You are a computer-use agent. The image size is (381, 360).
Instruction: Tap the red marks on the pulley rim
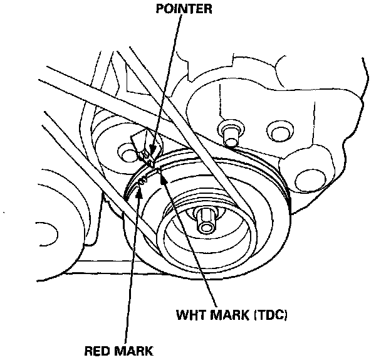pos(142,180)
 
